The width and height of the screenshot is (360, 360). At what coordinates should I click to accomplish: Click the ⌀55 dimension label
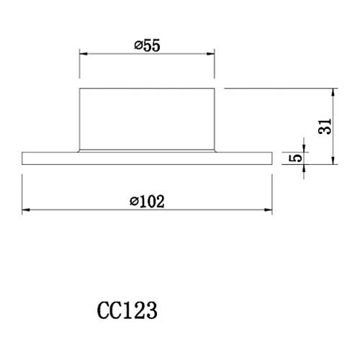click(x=146, y=45)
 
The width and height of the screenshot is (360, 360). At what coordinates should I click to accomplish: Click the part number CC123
click(x=127, y=312)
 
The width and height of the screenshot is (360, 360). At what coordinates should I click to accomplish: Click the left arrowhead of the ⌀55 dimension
click(x=82, y=53)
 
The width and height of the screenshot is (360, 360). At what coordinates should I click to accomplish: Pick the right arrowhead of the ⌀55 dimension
click(x=212, y=53)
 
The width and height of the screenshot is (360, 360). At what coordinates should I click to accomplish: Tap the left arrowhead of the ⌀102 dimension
click(x=26, y=210)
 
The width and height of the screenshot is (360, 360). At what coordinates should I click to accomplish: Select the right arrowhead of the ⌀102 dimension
click(x=269, y=210)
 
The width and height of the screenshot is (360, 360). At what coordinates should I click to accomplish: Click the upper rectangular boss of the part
click(x=147, y=119)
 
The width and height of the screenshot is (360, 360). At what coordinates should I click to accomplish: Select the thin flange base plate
click(x=147, y=158)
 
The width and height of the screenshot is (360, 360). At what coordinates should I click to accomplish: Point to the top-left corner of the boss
click(x=79, y=88)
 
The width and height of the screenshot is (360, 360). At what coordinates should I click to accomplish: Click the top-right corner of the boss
click(x=215, y=88)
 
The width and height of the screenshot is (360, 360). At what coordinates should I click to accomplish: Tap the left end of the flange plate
click(x=23, y=158)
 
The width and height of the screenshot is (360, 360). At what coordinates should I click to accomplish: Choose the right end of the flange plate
click(x=272, y=158)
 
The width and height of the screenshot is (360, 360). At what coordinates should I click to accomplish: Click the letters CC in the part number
click(x=109, y=312)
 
